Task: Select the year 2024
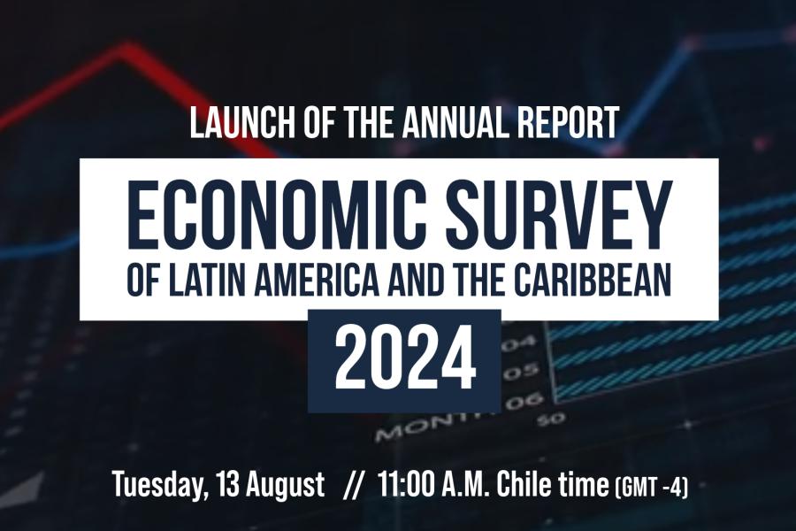pos(404,361)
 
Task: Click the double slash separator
pos(352,484)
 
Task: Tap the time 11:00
pos(406,483)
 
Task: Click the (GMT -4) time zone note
pos(651,486)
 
